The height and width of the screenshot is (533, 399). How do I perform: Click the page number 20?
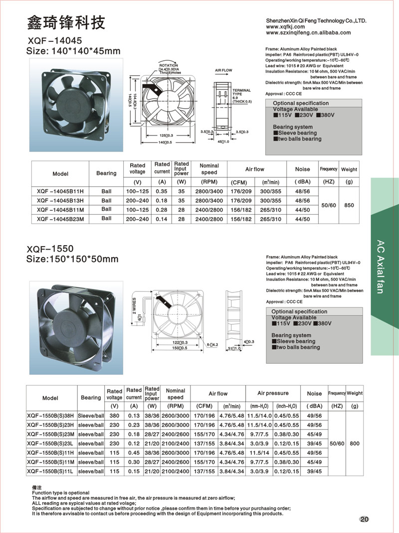point(364,519)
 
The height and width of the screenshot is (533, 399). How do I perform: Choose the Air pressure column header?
point(273,394)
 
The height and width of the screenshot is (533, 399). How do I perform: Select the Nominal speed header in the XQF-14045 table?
point(209,169)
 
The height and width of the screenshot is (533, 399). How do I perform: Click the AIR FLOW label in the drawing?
point(224,71)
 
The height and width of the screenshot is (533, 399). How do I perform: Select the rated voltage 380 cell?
point(114,416)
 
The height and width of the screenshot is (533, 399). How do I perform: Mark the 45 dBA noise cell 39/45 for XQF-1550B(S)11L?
point(314,471)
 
